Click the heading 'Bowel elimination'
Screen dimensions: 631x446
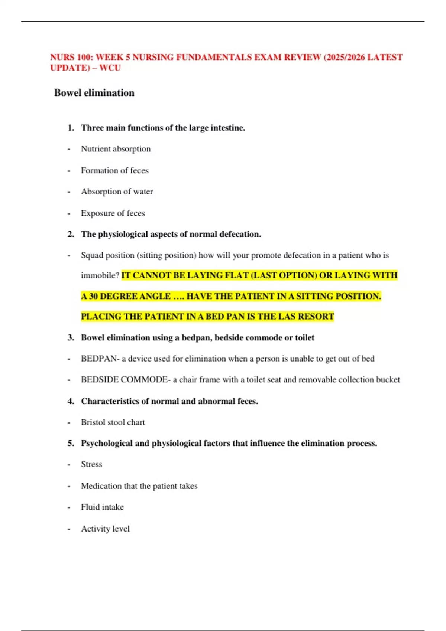[94, 93]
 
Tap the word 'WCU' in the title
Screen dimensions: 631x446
[110, 68]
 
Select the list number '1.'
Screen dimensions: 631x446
[71, 128]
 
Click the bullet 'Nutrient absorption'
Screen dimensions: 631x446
[116, 149]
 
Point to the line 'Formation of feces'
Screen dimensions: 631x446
[114, 170]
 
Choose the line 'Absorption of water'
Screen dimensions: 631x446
[117, 192]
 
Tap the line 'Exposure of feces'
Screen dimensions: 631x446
[113, 213]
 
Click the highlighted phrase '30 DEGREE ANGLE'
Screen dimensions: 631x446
[130, 297]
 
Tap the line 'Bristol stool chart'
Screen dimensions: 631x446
[113, 422]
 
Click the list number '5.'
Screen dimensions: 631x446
[71, 443]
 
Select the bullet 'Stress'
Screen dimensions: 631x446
[91, 464]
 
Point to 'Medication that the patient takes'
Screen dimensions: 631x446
[139, 486]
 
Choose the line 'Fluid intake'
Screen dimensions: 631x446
[102, 507]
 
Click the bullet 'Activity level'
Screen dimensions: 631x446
[105, 529]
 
